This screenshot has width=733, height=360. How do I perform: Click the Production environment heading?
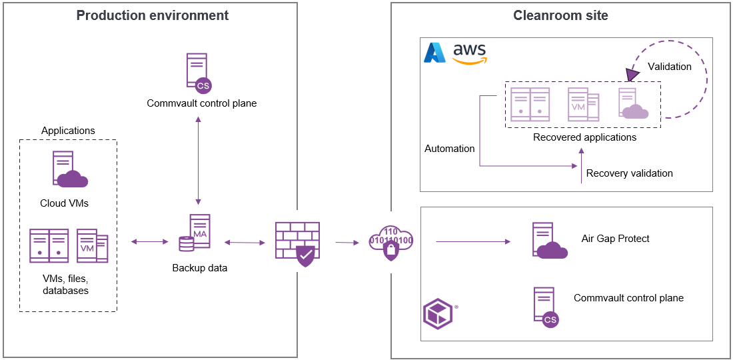coord(152,15)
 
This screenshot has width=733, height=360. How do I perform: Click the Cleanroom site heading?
coord(560,15)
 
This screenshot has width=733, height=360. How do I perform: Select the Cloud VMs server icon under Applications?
coord(69,170)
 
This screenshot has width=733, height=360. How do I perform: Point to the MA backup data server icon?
coord(195,233)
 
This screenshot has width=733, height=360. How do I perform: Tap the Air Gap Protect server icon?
coord(548,241)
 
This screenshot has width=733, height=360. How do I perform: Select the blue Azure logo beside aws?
coord(435,53)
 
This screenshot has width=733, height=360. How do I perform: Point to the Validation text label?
coord(670,67)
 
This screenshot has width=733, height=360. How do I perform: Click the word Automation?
coord(450,149)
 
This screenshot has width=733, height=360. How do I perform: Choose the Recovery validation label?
coord(629,173)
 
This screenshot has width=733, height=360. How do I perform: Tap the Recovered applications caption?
coord(584,137)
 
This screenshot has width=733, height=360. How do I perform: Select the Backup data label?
coord(199,268)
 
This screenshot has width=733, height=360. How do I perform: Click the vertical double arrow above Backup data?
coord(198,161)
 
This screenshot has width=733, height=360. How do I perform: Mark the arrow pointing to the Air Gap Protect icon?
coord(473,241)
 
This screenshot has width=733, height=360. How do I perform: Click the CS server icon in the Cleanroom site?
coord(546,307)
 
